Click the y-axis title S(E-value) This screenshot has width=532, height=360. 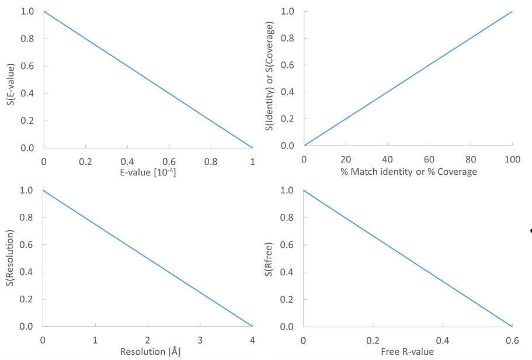[11, 80]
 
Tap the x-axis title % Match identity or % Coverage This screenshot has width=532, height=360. [408, 172]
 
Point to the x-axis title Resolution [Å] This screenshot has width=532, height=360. [147, 351]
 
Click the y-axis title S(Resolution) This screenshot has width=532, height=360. [11, 258]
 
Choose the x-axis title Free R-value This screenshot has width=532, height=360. [408, 351]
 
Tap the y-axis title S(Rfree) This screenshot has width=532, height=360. [269, 258]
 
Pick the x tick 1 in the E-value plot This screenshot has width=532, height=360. [252, 160]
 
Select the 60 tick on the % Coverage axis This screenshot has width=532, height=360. [429, 158]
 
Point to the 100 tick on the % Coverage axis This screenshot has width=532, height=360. [512, 158]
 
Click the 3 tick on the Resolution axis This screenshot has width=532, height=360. [200, 339]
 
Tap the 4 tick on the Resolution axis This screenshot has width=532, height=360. [252, 339]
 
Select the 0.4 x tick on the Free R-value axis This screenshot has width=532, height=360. [443, 339]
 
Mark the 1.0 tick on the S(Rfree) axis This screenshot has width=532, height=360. [288, 190]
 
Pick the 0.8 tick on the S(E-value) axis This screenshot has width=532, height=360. [27, 39]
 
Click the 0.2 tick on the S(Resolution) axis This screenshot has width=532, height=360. [27, 299]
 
